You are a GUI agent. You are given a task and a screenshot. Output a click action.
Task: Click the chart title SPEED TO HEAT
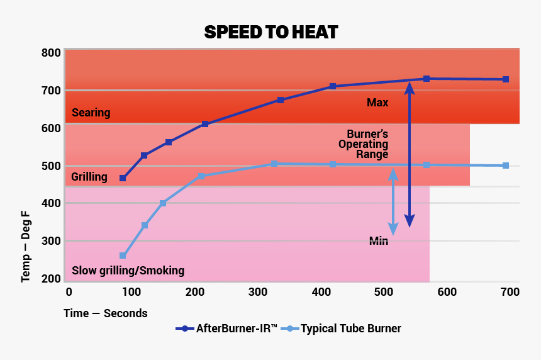(x=270, y=32)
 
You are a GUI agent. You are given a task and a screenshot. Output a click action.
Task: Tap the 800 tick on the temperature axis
(x=52, y=53)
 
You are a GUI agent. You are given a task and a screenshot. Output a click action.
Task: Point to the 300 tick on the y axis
(x=52, y=241)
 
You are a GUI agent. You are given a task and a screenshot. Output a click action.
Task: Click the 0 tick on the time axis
(x=69, y=292)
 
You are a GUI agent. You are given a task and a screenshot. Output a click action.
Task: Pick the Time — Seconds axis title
(x=105, y=313)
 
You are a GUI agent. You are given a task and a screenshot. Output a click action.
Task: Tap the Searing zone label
(x=91, y=113)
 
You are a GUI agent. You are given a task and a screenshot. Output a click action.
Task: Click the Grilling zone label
(x=89, y=177)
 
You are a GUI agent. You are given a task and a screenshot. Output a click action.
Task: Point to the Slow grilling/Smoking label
(x=128, y=271)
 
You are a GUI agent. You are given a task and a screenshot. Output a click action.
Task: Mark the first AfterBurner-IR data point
(x=123, y=179)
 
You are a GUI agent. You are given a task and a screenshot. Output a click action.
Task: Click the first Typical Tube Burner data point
(x=123, y=256)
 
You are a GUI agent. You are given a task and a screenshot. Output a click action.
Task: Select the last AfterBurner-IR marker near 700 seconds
(x=505, y=79)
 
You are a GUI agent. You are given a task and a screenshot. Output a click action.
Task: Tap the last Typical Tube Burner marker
(x=506, y=166)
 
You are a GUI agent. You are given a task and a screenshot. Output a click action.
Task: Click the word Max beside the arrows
(x=377, y=103)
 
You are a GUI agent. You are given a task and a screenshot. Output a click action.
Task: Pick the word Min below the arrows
(x=379, y=241)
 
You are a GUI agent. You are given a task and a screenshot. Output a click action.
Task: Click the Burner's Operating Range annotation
(x=367, y=144)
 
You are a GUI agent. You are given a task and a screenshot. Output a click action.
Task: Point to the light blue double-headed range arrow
(x=393, y=201)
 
